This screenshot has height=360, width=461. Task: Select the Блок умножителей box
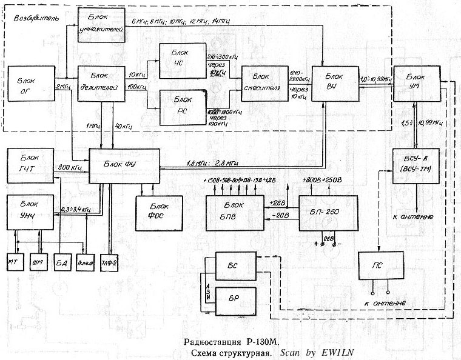[x=101, y=25]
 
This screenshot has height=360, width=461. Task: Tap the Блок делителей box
[x=101, y=83]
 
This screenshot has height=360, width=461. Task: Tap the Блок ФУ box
[x=124, y=165]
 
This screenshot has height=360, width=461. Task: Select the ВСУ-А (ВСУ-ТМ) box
[x=416, y=168]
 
